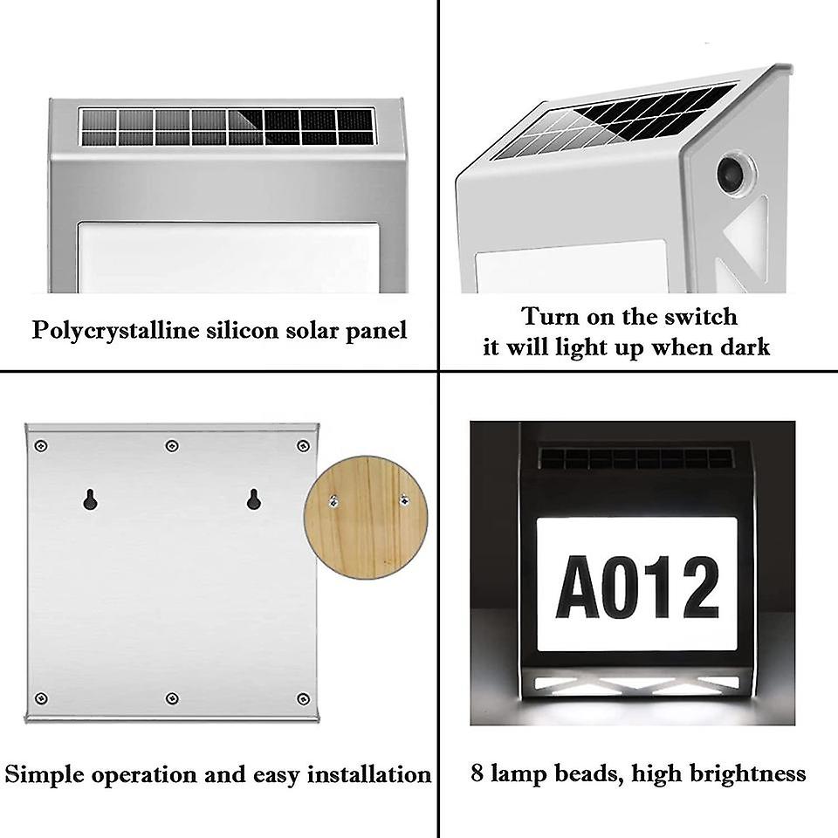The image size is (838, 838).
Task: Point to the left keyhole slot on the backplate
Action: [x=89, y=499]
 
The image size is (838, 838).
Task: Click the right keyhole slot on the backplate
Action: [x=253, y=499]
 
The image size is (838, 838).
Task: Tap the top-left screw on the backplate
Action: [x=40, y=446]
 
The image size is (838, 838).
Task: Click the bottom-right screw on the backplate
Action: [x=303, y=698]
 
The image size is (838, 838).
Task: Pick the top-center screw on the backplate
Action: [x=171, y=446]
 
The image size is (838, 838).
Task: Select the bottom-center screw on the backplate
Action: [x=171, y=698]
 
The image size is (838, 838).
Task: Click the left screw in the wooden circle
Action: [x=333, y=500]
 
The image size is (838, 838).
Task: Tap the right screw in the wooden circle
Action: [x=403, y=499]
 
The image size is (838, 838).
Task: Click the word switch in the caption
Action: [x=704, y=316]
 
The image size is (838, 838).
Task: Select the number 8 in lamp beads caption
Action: [x=477, y=773]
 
